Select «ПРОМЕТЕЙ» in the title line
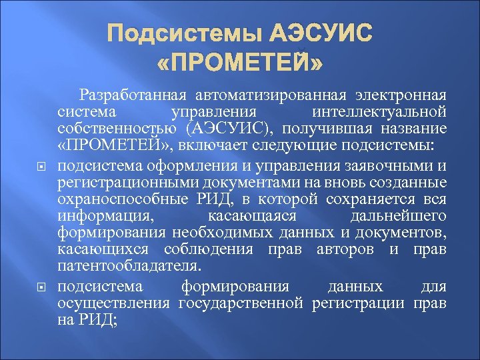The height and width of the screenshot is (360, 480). click(x=240, y=65)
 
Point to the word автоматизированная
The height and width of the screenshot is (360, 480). click(x=274, y=94)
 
